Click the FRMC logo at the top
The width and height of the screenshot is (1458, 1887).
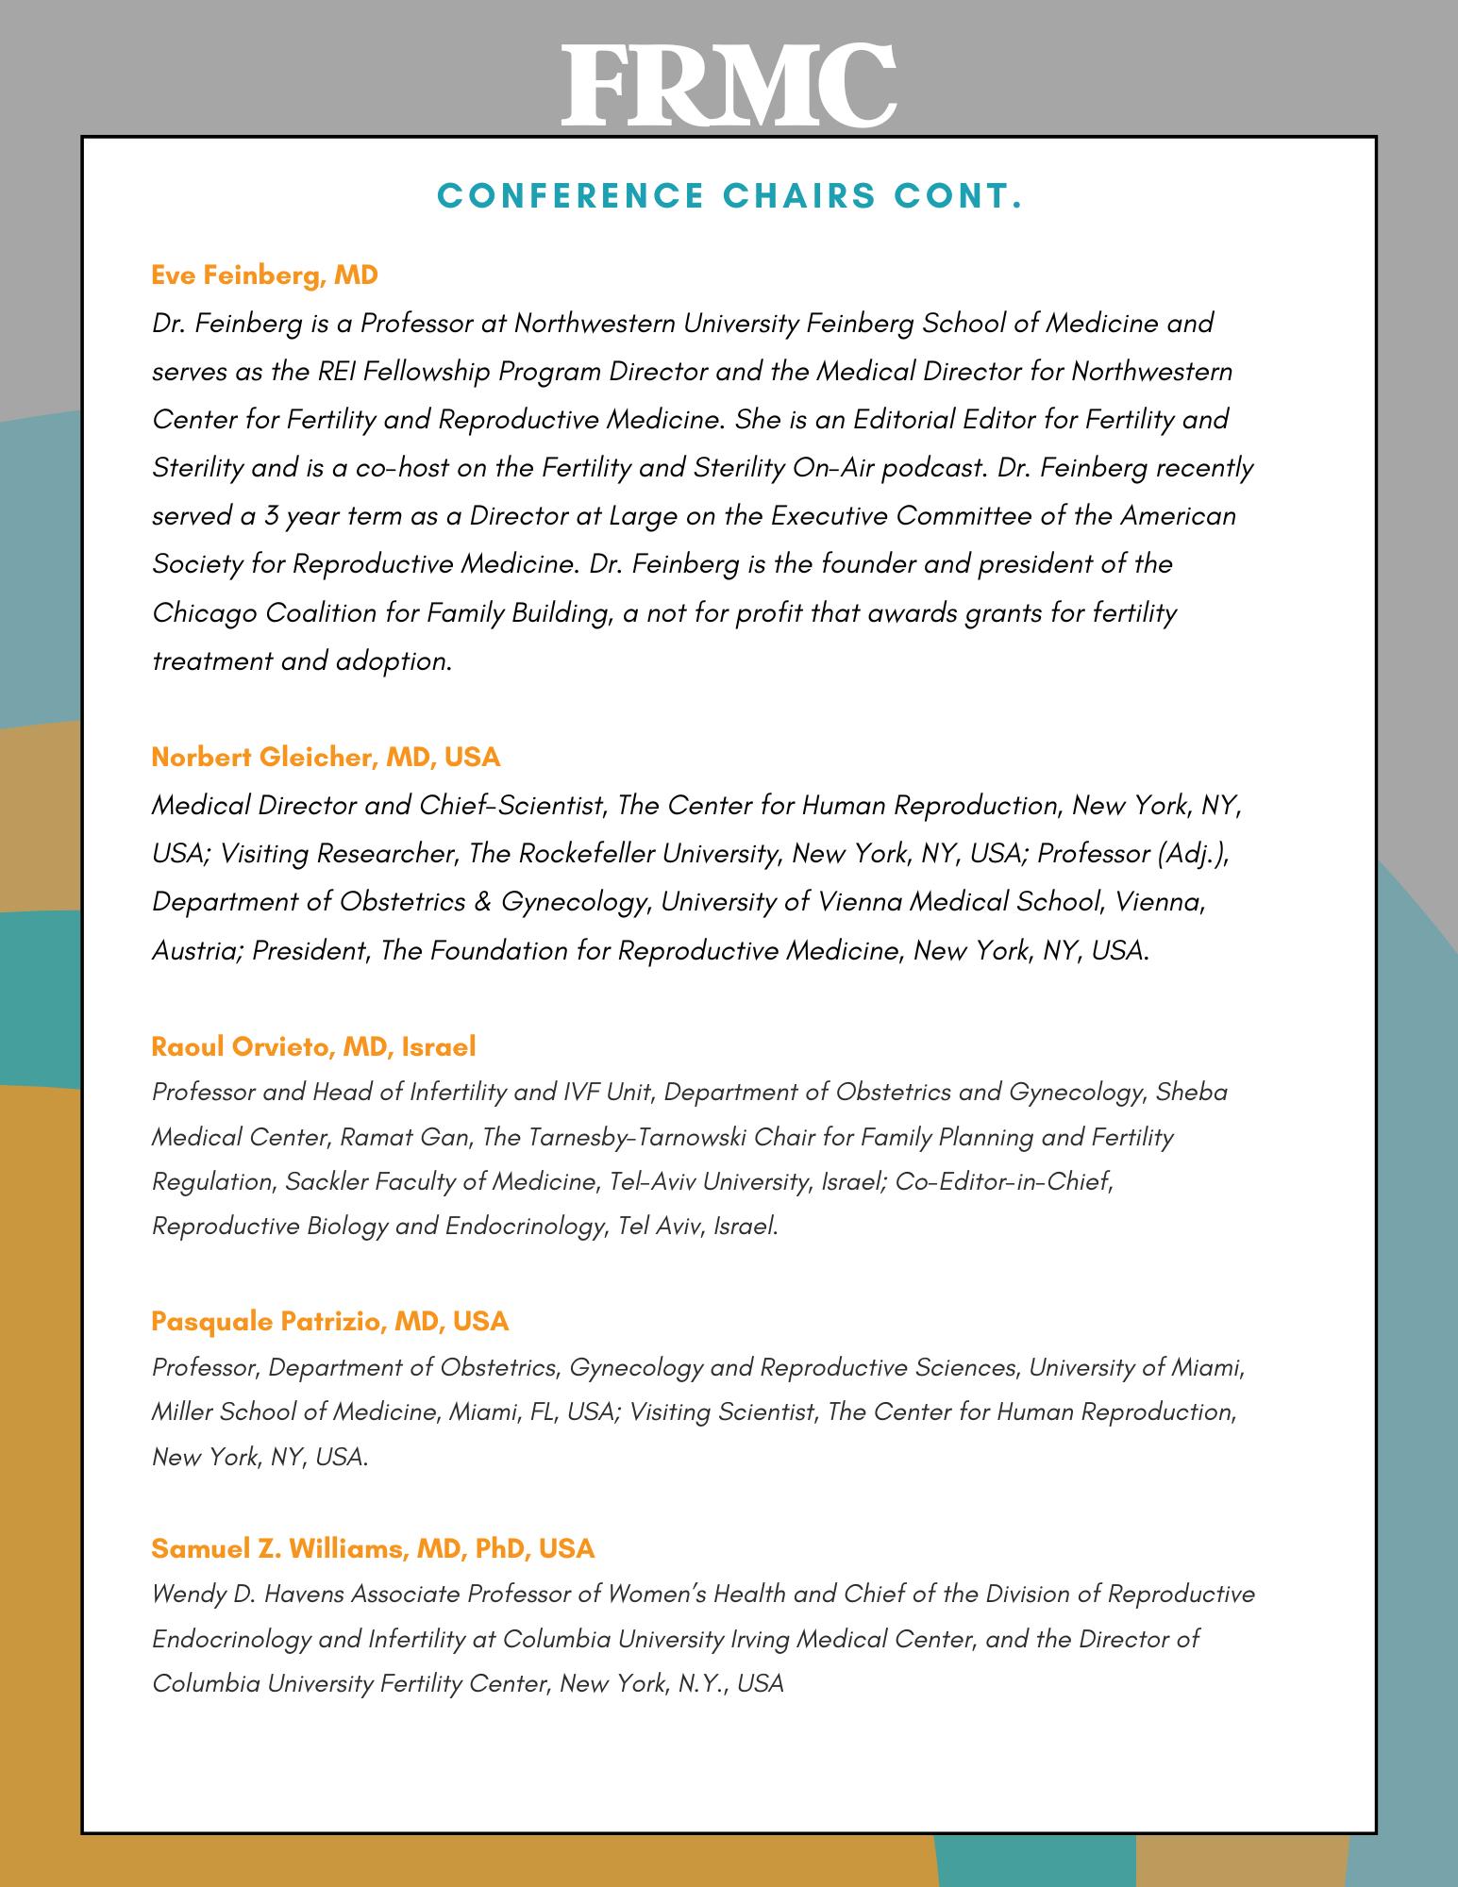click(729, 85)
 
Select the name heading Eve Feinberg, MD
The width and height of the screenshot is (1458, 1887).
click(265, 276)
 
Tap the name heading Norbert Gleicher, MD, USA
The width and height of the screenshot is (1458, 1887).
click(326, 757)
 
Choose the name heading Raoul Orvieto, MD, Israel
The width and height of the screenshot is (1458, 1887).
click(313, 1046)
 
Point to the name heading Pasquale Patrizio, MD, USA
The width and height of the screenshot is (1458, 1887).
click(330, 1321)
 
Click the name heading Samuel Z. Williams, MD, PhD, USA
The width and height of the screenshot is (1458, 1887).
click(373, 1548)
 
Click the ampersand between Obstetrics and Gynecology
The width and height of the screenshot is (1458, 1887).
click(482, 902)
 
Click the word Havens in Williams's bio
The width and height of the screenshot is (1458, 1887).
click(305, 1595)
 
